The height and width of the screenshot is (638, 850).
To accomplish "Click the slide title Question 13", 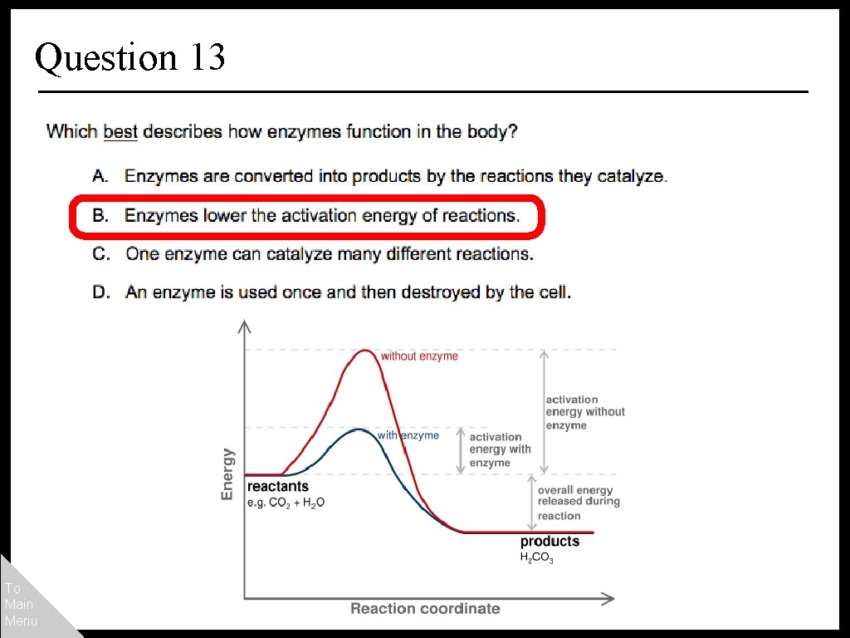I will click(130, 57).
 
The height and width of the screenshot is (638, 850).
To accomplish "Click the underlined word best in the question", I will click(120, 131).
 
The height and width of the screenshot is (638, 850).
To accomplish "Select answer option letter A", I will click(100, 176).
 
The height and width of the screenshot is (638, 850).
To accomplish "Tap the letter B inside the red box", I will click(100, 215).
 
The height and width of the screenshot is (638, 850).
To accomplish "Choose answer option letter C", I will click(100, 254).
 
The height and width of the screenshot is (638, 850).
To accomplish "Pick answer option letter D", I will click(100, 292).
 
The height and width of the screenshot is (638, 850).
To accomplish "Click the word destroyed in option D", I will click(468, 292).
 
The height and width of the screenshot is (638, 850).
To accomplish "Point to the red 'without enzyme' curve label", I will click(419, 356).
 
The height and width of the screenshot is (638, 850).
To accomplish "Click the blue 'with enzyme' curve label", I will click(408, 435).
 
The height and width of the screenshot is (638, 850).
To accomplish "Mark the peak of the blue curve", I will click(358, 429).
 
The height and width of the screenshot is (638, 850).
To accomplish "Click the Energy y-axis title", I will click(227, 474).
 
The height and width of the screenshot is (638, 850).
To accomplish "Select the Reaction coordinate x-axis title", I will click(425, 609).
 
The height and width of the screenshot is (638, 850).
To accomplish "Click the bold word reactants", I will click(277, 487).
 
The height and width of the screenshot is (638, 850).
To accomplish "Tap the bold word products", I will click(550, 542).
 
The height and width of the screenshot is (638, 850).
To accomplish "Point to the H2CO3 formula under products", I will click(536, 558).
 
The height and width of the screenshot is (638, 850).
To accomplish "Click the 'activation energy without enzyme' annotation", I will click(584, 412).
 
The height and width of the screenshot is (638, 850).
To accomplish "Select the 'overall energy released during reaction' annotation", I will click(578, 503).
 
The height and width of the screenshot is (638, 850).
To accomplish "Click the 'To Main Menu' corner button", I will click(20, 604).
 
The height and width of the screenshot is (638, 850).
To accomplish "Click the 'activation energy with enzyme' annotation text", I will click(500, 449).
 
